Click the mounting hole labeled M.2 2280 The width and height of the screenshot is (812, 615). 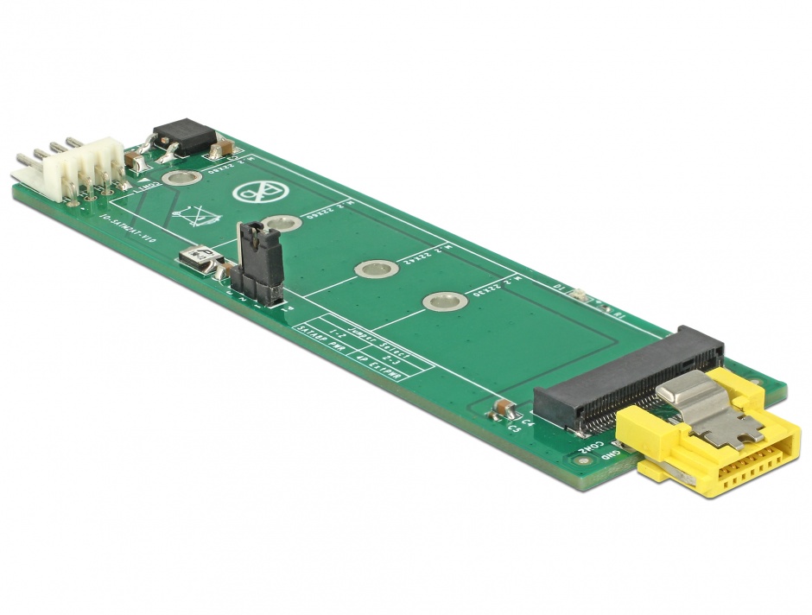tap(181, 180)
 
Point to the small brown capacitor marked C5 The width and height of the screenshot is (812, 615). tap(500, 409)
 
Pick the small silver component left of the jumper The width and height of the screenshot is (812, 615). tap(198, 259)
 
